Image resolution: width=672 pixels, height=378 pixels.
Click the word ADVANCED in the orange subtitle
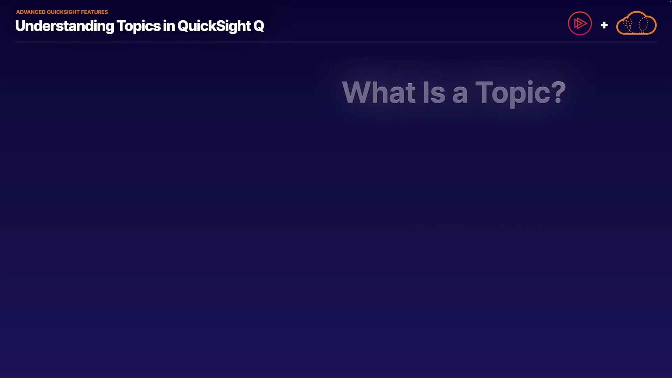31,12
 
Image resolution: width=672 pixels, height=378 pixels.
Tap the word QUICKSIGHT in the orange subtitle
63,12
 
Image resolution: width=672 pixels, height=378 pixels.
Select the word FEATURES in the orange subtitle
94,12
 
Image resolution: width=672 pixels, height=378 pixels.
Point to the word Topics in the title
138,26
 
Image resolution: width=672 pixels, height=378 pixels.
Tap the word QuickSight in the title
214,26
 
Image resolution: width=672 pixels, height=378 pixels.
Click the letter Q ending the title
259,26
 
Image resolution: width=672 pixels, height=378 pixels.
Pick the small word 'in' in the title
169,26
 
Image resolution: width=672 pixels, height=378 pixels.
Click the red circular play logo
580,23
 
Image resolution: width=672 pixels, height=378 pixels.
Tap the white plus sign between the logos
604,25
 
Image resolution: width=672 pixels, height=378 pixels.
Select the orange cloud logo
636,23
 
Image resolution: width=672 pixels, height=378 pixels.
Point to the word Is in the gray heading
434,92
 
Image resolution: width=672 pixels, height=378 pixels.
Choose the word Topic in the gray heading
512,93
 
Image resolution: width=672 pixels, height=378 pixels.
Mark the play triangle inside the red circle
580,23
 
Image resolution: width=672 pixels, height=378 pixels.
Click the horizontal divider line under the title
336,42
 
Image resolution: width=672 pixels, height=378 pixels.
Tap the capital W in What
357,92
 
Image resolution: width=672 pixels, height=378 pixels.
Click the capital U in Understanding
21,26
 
